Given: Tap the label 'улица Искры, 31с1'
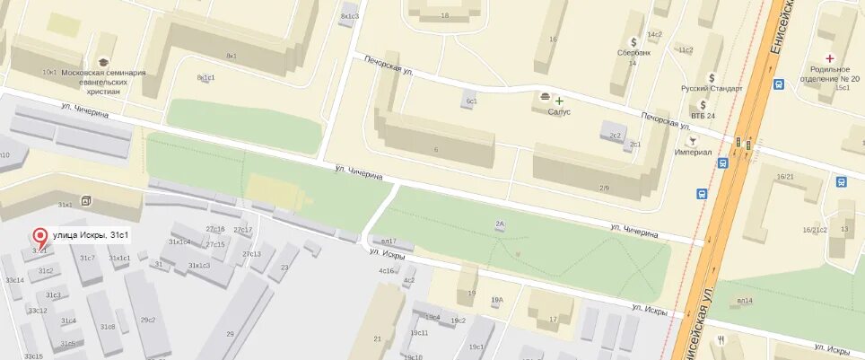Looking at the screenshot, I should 91,235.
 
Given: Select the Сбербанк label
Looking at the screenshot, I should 633,53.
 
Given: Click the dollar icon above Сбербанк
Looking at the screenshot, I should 633,41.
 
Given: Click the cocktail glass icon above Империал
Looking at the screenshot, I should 692,141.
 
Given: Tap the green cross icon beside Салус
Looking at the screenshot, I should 559,100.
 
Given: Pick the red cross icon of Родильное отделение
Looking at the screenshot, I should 829,58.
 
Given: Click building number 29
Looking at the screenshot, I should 229,334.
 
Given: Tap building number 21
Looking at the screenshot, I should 377,338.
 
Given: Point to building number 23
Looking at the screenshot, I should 283,268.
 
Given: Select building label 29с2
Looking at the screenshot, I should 148,320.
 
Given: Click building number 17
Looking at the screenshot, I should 553,319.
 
